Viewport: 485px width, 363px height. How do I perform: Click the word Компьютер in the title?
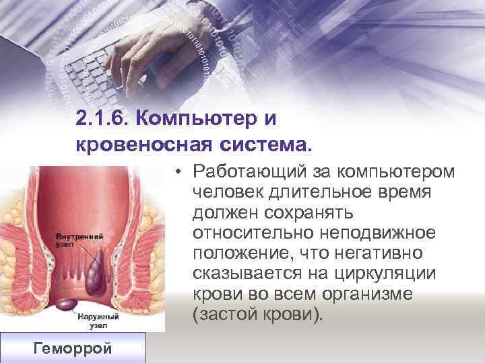[199, 120]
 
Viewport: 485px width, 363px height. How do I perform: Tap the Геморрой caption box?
[72, 348]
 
